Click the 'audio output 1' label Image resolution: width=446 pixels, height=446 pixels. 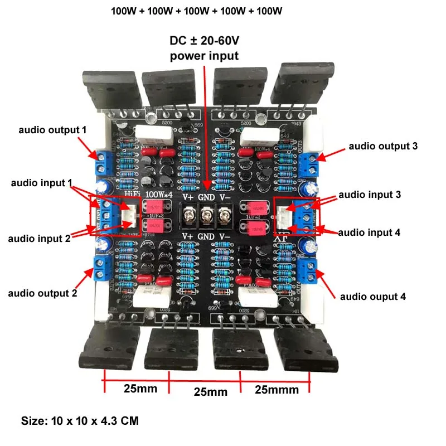52,130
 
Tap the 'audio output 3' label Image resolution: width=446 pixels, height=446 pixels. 383,146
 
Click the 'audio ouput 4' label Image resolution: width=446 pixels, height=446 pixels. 373,297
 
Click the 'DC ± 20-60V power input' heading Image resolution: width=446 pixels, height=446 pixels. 205,49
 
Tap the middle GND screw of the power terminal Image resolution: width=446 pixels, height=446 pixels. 207,214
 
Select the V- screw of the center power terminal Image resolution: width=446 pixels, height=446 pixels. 224,214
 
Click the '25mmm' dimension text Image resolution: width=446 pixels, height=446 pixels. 276,389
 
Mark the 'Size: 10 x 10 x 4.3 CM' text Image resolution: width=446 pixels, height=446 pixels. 80,421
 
